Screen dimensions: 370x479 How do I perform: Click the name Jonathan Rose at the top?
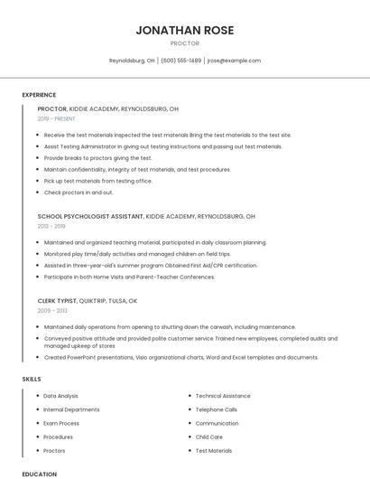184,30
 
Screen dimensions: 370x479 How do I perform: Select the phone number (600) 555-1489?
180,61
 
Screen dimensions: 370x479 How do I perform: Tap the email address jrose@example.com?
233,61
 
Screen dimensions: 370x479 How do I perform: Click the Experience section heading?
39,95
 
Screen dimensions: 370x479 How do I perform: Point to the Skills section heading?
32,379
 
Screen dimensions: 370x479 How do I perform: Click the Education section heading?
39,474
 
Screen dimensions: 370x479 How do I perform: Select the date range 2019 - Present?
57,118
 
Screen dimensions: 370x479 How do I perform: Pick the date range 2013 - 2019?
51,226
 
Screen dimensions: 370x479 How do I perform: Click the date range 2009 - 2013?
52,310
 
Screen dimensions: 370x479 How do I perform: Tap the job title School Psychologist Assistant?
90,217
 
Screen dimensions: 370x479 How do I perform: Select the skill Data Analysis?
60,396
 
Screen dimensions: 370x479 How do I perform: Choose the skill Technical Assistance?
223,396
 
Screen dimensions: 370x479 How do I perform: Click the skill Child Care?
208,437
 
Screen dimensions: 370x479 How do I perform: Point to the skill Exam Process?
61,423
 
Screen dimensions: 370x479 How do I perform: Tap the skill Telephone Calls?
217,409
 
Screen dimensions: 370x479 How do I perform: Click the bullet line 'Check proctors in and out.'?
79,193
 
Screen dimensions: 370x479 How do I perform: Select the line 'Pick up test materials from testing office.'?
97,181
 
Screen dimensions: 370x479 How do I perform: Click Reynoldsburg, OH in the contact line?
132,61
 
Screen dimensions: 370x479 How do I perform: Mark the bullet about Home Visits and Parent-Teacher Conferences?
129,277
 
